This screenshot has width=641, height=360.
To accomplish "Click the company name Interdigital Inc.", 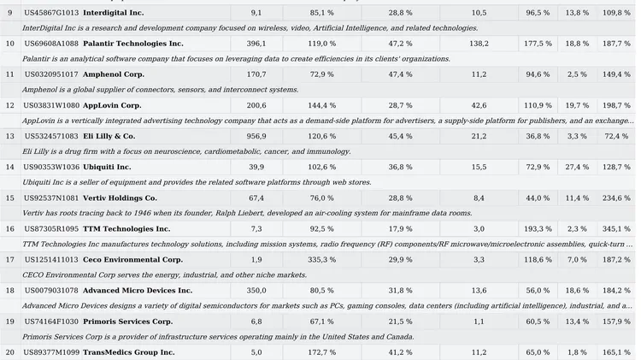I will [113, 13].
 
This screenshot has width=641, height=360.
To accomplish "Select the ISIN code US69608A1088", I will [51, 44].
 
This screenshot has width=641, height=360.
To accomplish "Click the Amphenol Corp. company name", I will [114, 74].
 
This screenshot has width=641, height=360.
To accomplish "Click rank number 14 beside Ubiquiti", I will [10, 167].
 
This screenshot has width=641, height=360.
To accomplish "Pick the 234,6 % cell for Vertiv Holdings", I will [615, 198].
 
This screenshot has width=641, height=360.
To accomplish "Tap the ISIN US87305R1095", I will [51, 228].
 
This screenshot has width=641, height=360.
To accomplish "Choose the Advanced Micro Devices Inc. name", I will [138, 290].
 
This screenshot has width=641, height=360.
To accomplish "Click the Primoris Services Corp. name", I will [128, 321].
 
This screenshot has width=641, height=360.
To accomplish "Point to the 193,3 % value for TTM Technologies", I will [538, 228].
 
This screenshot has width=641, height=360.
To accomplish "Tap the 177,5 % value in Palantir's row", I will [538, 44].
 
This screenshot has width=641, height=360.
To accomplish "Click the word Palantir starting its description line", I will [38, 59].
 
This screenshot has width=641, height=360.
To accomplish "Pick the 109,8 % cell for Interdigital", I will [615, 13].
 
